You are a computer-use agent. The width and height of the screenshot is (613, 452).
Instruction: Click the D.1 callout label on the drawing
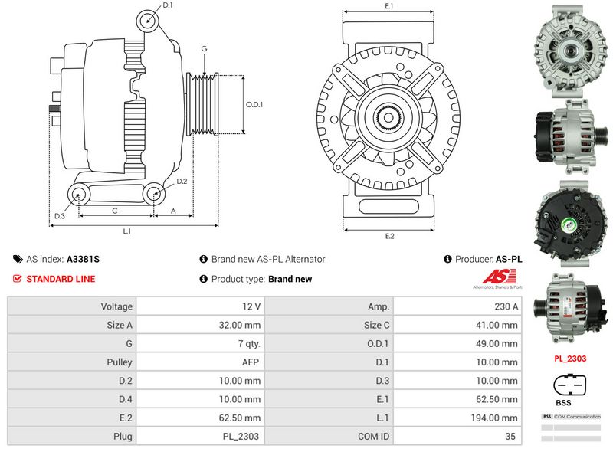pyautogui.click(x=168, y=6)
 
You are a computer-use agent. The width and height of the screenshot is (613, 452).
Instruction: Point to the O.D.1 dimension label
pyautogui.click(x=254, y=106)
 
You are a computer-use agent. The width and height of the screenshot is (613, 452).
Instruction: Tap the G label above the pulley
pyautogui.click(x=204, y=49)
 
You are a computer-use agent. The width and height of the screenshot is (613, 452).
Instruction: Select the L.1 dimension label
pyautogui.click(x=127, y=230)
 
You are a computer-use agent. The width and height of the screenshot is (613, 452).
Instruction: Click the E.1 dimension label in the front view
pyautogui.click(x=389, y=6)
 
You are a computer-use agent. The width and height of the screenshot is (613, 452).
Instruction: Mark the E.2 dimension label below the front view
pyautogui.click(x=389, y=236)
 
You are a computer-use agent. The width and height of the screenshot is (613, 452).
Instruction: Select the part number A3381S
pyautogui.click(x=83, y=260)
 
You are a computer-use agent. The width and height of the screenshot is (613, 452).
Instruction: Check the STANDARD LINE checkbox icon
pyautogui.click(x=17, y=279)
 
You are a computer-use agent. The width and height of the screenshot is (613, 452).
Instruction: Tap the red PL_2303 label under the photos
pyautogui.click(x=570, y=358)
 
